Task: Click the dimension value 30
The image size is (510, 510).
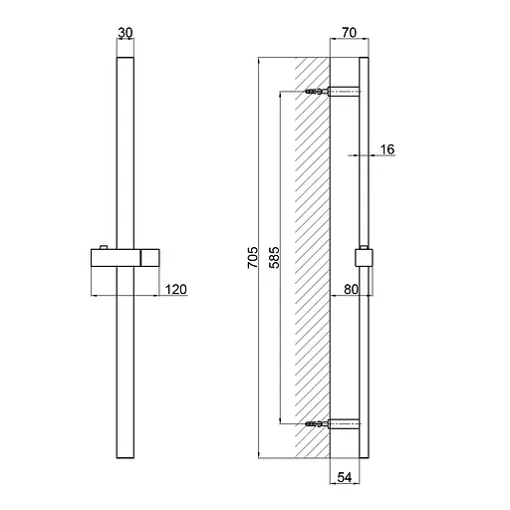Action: click(126, 33)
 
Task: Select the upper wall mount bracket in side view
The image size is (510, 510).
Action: click(345, 92)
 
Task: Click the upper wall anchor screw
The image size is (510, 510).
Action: click(317, 92)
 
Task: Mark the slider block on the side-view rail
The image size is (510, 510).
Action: click(365, 258)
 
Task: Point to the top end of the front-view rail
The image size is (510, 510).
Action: click(126, 60)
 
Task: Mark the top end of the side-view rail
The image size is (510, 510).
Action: click(365, 60)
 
